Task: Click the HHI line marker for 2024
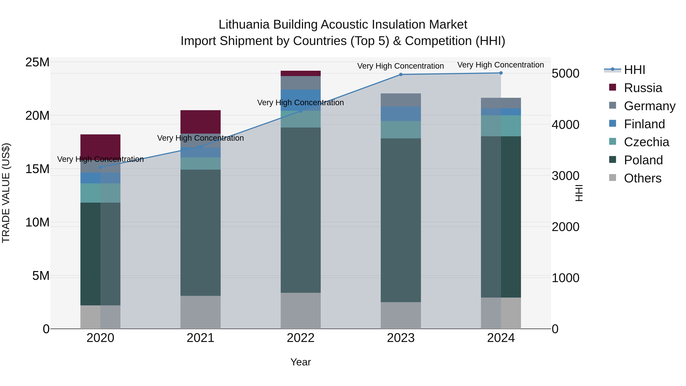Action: pos(501,73)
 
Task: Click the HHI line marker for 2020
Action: pos(100,168)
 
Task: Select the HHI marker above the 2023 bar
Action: pos(401,75)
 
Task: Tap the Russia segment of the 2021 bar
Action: pos(200,122)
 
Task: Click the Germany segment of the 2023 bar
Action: pos(401,100)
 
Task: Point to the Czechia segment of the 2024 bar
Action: pos(501,126)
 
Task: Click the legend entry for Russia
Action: pos(643,88)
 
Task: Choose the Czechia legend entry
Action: pos(646,142)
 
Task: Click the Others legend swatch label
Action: pos(642,178)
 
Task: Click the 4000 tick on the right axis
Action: pos(565,125)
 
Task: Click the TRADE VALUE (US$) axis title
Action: pos(6,193)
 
